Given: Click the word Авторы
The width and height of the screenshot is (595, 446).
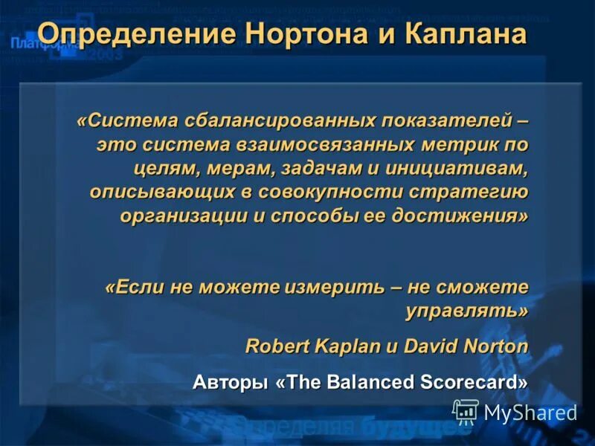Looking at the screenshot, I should point(230,382).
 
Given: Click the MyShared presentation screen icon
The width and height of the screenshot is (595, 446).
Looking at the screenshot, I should point(466,411).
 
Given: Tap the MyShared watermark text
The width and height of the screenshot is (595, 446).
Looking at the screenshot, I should point(530,413).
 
